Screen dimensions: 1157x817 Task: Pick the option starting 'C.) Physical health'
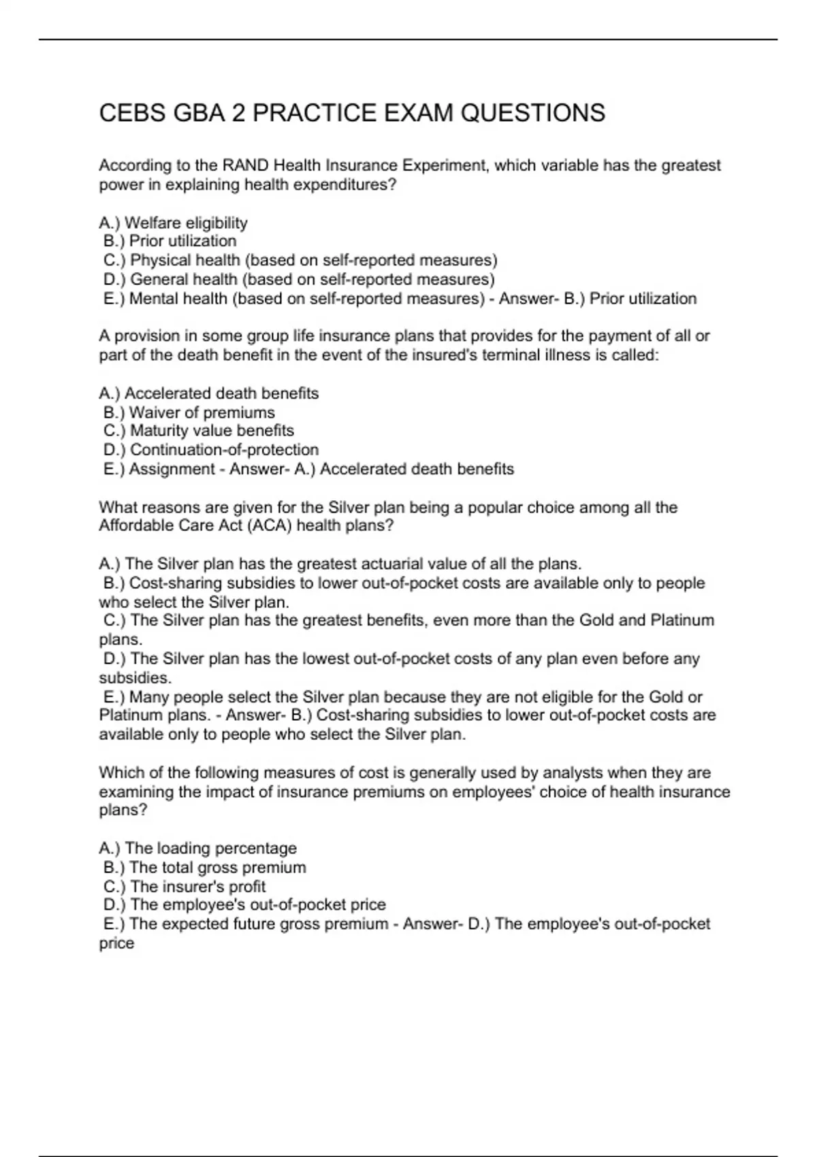(300, 260)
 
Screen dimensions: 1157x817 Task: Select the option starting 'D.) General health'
(299, 279)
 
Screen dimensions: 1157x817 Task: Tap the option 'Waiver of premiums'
(189, 412)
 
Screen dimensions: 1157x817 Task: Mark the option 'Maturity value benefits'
(199, 431)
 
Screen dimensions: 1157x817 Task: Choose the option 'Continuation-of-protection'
(211, 450)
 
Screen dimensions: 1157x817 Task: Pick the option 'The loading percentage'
(198, 848)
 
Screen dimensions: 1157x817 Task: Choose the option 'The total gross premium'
(205, 867)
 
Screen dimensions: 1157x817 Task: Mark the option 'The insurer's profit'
(185, 886)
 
